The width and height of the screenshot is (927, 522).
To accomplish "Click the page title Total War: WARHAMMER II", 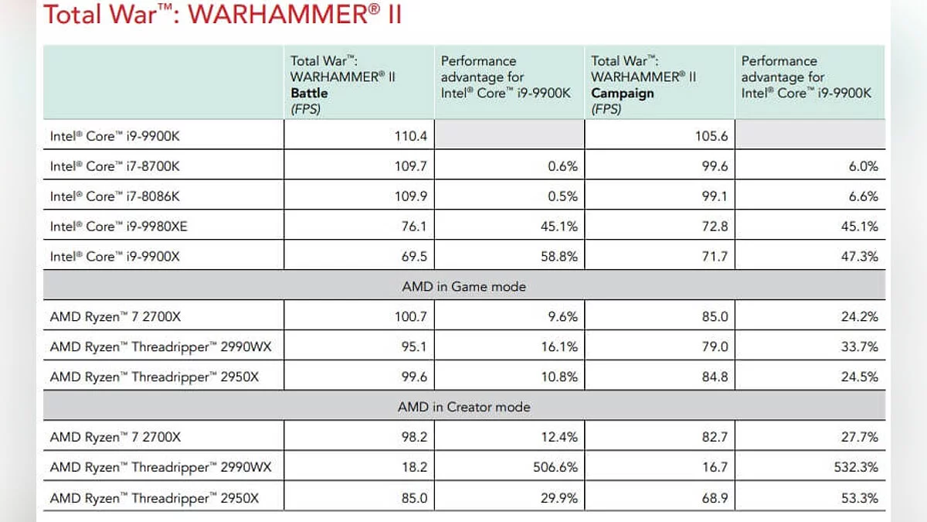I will tap(222, 15).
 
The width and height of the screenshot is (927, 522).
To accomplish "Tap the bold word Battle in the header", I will tap(309, 93).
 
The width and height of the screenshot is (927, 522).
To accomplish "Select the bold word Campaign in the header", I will tap(623, 93).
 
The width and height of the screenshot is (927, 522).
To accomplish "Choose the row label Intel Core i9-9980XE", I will tap(121, 227).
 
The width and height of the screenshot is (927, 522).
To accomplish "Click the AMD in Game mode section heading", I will tap(463, 286).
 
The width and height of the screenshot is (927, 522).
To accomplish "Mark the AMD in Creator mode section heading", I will tap(463, 407).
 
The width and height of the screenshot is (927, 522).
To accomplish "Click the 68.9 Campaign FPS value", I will tap(714, 499).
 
